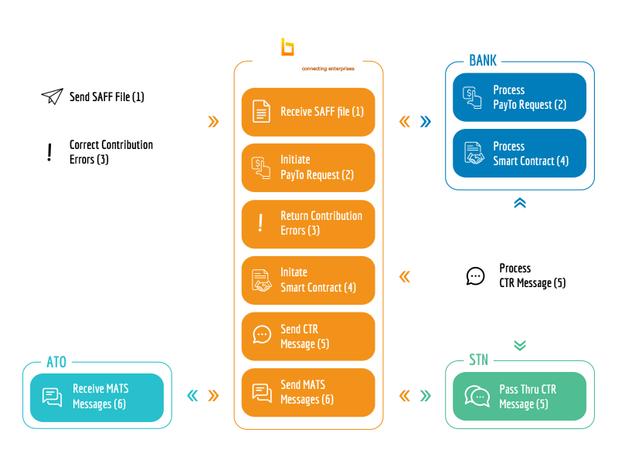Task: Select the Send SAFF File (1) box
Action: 97,97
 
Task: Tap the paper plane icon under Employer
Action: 52,97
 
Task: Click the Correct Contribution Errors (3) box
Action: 97,152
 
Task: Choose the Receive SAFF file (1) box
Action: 308,112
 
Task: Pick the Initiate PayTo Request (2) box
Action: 308,167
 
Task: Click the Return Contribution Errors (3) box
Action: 308,224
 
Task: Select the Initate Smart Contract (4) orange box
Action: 308,280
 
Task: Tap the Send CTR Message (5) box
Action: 308,336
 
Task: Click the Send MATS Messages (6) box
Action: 308,393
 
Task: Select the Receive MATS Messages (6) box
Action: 97,397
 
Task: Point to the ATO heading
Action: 56,362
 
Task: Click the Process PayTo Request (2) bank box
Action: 519,97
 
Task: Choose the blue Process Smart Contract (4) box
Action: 519,154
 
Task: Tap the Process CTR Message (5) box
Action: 519,276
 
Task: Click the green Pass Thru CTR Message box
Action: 519,397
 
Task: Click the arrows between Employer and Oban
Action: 202,122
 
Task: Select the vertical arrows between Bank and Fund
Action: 520,213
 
